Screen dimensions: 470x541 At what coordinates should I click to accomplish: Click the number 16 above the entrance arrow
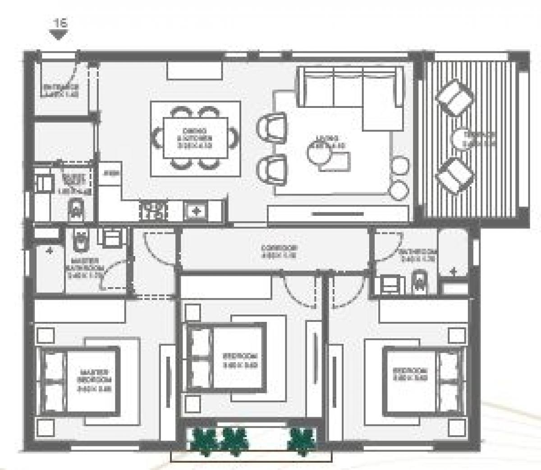[60, 23]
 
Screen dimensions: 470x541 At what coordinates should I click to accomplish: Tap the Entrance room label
[60, 91]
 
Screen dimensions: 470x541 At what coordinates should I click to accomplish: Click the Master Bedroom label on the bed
[93, 380]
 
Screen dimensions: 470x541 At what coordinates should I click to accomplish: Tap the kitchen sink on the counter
[196, 210]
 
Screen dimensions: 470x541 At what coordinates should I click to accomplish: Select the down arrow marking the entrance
[58, 36]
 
